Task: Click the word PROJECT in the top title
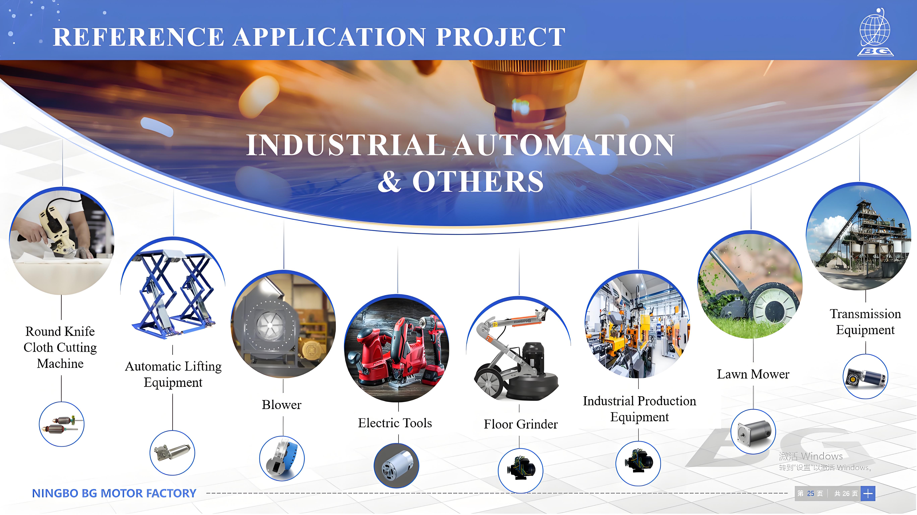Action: [501, 37]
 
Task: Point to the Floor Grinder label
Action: [521, 424]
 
